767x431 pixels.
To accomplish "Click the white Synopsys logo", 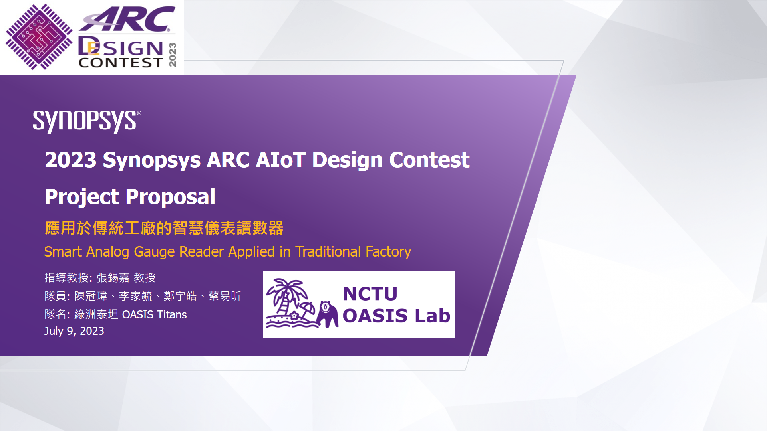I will (x=86, y=121).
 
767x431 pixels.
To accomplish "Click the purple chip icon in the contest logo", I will (x=39, y=37).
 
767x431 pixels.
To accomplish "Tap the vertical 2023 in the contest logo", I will (x=173, y=55).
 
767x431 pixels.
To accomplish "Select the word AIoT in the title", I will (x=280, y=160).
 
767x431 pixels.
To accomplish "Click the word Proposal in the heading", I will (x=171, y=197).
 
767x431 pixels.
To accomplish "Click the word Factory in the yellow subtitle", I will (x=388, y=252).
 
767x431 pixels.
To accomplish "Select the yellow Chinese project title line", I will (x=164, y=228).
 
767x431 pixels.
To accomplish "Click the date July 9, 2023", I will (x=74, y=331).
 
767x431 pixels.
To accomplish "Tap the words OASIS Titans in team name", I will (x=154, y=314).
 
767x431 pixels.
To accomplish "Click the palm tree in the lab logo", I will (x=287, y=298).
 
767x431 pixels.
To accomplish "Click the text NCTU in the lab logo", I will (x=370, y=294).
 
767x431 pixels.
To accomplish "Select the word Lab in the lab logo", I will (x=433, y=316).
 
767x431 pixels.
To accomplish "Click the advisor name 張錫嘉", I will (x=113, y=277).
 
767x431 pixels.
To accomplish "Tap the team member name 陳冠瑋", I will (x=91, y=296).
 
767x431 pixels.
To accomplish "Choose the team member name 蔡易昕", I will (x=225, y=296).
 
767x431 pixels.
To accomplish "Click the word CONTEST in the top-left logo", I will (x=121, y=63).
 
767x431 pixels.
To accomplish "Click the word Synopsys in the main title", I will (x=152, y=160).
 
